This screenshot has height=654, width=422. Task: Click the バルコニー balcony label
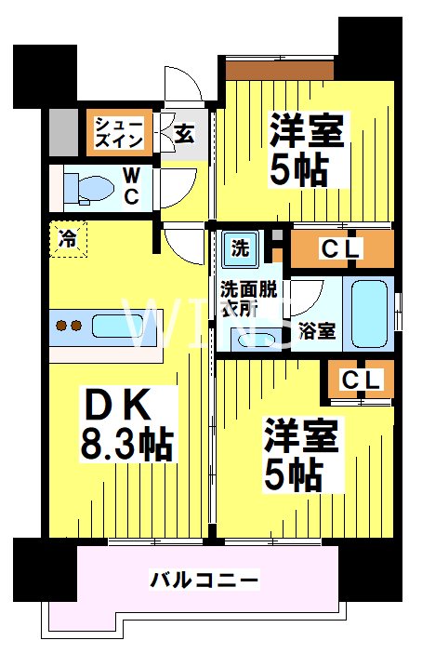coord(204,581)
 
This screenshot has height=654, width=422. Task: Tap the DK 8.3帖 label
coord(126,423)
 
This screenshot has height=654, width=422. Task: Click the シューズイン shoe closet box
coord(116,132)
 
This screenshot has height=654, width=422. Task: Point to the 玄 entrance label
coord(184,133)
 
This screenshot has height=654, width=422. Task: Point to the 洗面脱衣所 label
coord(245,298)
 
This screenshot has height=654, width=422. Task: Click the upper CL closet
coord(341,249)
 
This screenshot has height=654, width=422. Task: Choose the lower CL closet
coord(361,379)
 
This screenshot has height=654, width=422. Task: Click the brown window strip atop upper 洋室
coord(280,69)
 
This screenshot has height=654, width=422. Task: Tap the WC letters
coord(132,185)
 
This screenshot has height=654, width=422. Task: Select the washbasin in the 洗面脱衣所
coord(250,338)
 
